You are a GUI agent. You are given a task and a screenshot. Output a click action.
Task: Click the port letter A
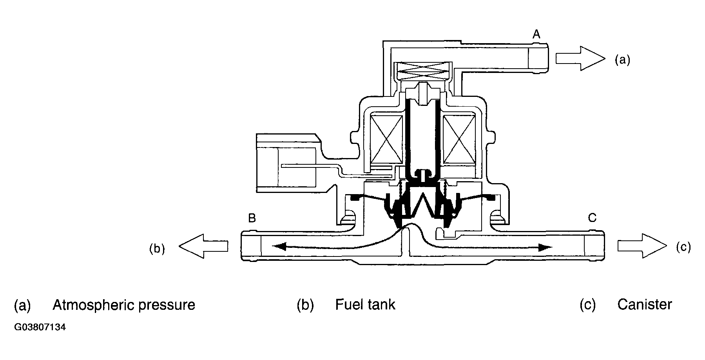coord(536,35)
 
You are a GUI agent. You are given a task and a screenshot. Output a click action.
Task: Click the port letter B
coord(252,218)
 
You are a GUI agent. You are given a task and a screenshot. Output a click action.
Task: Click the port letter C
coord(592,218)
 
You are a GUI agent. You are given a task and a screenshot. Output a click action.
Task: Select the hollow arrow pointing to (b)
coord(203,246)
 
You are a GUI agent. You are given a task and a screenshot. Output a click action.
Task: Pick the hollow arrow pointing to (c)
coord(642,246)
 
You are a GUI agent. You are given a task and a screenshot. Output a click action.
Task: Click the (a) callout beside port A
coord(623,60)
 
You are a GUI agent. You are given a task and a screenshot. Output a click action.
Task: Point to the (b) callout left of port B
coord(157,249)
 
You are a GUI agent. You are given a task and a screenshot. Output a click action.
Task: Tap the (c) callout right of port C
coord(683,247)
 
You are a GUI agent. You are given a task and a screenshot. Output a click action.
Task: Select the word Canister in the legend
coord(645,304)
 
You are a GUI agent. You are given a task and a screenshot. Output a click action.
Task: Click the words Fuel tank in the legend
coord(365,304)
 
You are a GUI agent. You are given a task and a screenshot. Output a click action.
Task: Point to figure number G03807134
coord(40,327)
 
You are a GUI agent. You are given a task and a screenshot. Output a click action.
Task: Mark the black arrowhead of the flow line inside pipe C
coord(546,247)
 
